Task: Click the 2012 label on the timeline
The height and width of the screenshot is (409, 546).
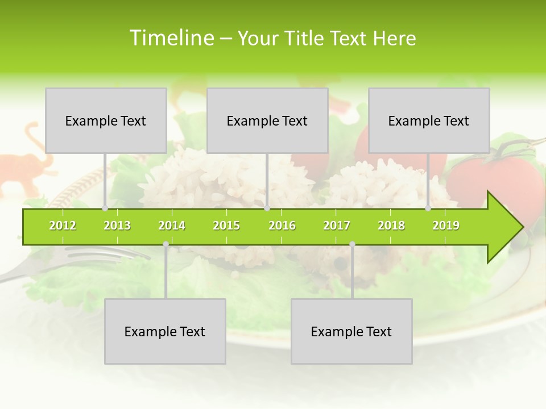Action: pyautogui.click(x=63, y=226)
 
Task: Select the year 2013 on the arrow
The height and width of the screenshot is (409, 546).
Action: pyautogui.click(x=117, y=226)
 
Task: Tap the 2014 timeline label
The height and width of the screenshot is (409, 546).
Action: pyautogui.click(x=172, y=226)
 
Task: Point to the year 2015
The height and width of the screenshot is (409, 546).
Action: pyautogui.click(x=226, y=226)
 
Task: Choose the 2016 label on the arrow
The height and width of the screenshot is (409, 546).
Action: pyautogui.click(x=282, y=226)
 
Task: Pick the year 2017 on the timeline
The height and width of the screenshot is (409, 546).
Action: pyautogui.click(x=337, y=226)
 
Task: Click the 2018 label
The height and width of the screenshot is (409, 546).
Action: pyautogui.click(x=391, y=226)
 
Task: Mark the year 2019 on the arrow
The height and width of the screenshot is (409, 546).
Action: pyautogui.click(x=446, y=226)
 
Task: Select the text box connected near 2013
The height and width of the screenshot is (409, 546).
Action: pyautogui.click(x=106, y=120)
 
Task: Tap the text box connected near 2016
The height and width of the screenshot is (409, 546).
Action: pyautogui.click(x=267, y=120)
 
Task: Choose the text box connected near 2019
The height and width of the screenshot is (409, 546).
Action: pyautogui.click(x=429, y=120)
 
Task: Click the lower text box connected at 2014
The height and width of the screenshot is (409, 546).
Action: pyautogui.click(x=165, y=331)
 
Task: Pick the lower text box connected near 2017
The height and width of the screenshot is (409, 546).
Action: pyautogui.click(x=351, y=331)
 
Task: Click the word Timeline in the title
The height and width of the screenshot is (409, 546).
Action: pyautogui.click(x=171, y=38)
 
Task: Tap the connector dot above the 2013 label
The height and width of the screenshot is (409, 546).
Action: pyautogui.click(x=105, y=208)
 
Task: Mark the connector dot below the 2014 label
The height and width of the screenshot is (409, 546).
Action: pyautogui.click(x=166, y=244)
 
